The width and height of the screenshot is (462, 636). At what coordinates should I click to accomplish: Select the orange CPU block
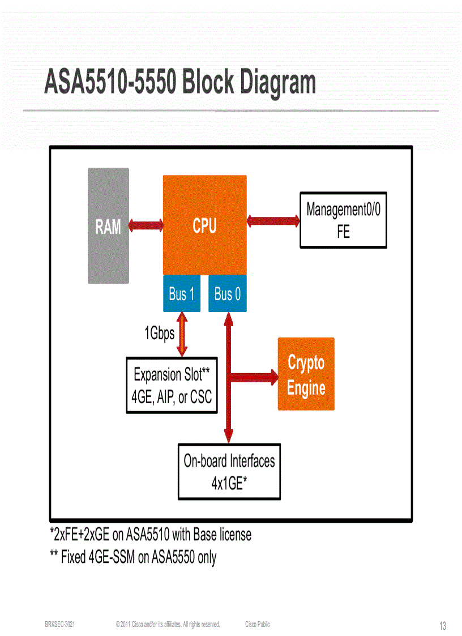[x=204, y=225]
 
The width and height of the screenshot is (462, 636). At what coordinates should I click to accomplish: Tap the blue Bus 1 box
[x=182, y=294]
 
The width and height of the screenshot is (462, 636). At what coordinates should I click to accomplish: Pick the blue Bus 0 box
[x=228, y=294]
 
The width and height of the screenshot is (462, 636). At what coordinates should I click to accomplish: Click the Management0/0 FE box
[x=343, y=220]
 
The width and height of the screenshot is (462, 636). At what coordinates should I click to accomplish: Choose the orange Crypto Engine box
[x=306, y=374]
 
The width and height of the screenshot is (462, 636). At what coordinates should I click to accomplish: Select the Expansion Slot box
[x=172, y=385]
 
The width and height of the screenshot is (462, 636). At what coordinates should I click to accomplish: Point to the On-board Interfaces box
[x=229, y=472]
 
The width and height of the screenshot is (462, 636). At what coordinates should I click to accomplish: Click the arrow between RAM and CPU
[x=146, y=225]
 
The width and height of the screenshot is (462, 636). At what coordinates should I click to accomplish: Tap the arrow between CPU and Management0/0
[x=273, y=220]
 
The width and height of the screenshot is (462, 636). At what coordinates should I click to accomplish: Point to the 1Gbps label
[x=159, y=334]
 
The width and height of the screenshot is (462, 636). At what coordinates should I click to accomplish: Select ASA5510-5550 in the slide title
[x=109, y=83]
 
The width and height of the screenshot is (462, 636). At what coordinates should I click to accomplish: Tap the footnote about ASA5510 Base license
[x=151, y=534]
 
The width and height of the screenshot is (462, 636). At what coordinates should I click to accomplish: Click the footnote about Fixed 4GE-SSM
[x=133, y=557]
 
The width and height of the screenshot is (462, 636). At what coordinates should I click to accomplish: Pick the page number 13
[x=443, y=626]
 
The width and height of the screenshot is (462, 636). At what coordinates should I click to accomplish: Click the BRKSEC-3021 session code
[x=60, y=624]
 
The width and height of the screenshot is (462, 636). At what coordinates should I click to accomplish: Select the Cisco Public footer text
[x=258, y=624]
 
